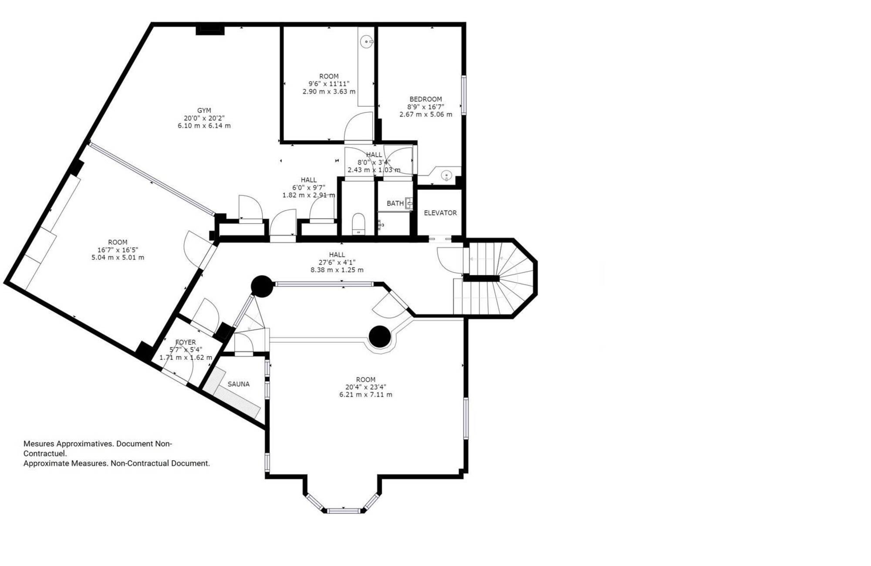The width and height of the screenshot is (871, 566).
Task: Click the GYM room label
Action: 204,111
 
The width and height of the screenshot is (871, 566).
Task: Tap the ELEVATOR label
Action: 440,213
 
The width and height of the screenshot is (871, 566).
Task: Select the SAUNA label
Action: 239,384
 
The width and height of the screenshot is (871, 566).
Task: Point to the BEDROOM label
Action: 425,99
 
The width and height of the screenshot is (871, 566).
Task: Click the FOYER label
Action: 186,343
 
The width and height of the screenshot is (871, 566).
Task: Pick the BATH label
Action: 395,203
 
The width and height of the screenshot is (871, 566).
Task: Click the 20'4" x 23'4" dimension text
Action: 366,387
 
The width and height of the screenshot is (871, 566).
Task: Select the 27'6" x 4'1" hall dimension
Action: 337,262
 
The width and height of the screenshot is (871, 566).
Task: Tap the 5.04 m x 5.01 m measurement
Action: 118,257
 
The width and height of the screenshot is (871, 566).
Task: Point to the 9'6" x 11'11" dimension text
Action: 329,84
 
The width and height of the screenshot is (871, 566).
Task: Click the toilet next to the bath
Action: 358,223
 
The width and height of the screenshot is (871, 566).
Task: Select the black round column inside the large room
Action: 379,337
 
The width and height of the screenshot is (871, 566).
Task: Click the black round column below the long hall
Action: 262,286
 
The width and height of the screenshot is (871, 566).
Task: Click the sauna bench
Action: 233,394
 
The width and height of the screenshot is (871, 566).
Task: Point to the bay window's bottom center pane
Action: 344,511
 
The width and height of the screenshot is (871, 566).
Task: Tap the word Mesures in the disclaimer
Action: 39,444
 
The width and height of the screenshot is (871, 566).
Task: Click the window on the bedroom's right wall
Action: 464,95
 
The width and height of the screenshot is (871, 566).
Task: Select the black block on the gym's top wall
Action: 210,30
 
